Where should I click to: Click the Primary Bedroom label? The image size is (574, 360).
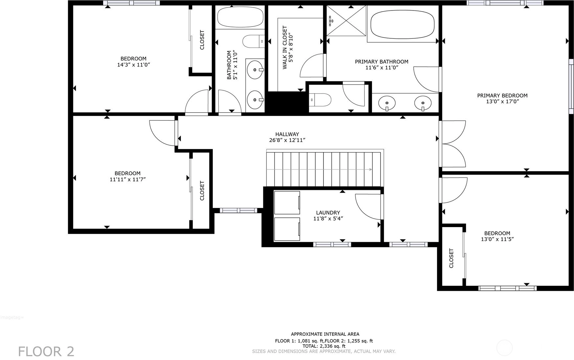(x=502, y=95)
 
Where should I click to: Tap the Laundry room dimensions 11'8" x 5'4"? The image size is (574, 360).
(x=328, y=219)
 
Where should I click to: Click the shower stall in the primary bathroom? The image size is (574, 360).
(x=346, y=20)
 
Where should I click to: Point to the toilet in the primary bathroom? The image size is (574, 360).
(x=320, y=100)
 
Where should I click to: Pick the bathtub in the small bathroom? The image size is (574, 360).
(x=240, y=17)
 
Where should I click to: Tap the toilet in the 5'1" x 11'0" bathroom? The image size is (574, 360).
(x=254, y=41)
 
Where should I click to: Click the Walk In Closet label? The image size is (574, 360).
(x=285, y=48)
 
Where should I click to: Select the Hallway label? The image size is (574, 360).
(x=287, y=134)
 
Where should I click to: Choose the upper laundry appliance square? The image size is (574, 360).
(x=287, y=203)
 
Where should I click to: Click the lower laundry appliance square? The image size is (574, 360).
(x=287, y=229)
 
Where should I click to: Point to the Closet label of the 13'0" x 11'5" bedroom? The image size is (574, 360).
(x=451, y=258)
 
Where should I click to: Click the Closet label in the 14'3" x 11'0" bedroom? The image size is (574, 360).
(x=202, y=40)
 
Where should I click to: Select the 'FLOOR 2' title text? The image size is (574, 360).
(x=46, y=351)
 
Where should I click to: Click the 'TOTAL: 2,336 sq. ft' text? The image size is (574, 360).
(x=324, y=346)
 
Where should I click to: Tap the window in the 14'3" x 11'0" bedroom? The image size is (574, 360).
(x=131, y=3)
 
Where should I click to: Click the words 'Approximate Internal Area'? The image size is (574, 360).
(x=325, y=334)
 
